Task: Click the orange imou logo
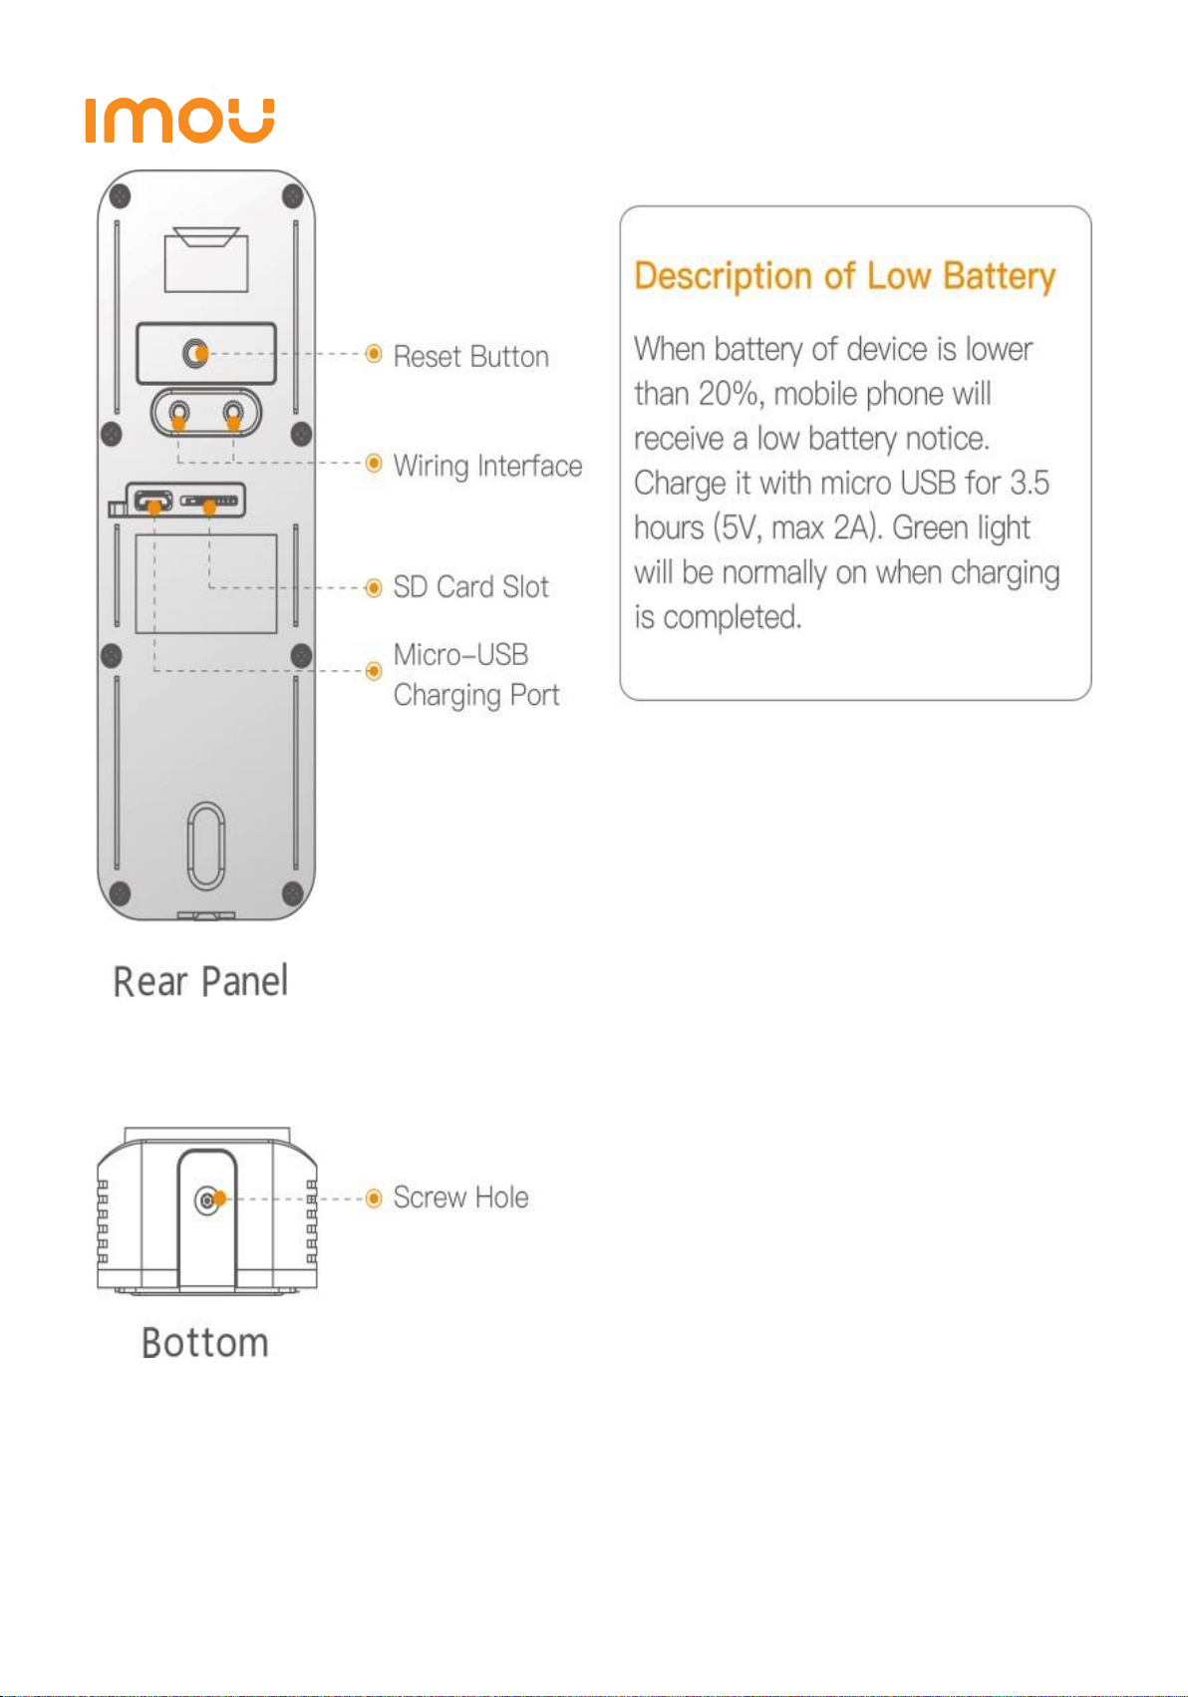(179, 121)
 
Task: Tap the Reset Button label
(470, 356)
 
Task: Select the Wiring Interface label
(487, 466)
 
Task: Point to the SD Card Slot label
(470, 587)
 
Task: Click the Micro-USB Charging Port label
(475, 675)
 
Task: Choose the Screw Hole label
(460, 1197)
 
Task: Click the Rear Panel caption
(200, 981)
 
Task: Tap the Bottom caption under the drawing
(205, 1343)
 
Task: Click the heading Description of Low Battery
(844, 276)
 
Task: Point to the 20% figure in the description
(729, 394)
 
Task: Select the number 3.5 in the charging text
(1030, 484)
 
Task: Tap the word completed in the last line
(733, 618)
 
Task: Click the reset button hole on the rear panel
(196, 353)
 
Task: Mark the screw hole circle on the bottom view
(207, 1199)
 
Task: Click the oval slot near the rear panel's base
(206, 846)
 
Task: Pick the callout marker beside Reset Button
(374, 354)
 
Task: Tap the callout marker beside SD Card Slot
(374, 587)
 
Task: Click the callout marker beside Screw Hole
(374, 1197)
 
